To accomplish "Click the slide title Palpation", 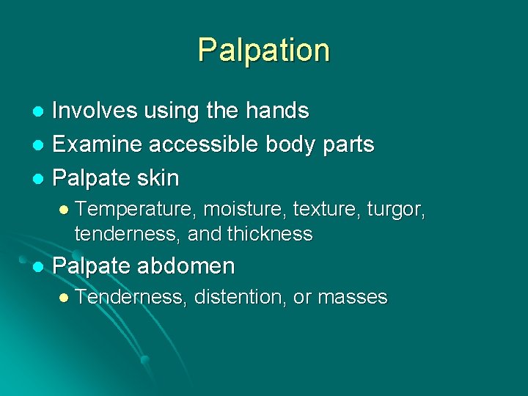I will tap(263, 51).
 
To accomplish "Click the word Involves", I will tap(85, 111).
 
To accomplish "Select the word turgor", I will tap(396, 210).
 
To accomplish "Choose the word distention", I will tap(239, 297).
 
